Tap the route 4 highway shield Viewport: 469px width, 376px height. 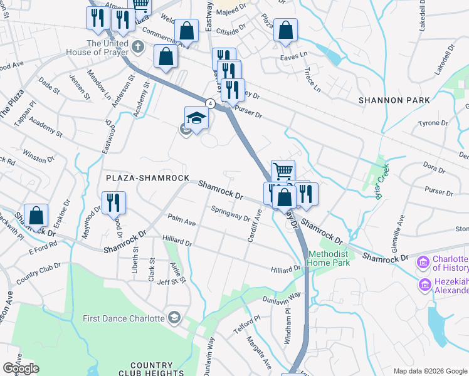click(x=211, y=103)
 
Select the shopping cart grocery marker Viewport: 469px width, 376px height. click(x=283, y=171)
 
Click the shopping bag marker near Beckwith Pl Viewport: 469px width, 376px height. click(x=36, y=215)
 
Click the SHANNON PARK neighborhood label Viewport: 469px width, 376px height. click(x=394, y=100)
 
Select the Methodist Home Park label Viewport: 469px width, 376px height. click(x=333, y=259)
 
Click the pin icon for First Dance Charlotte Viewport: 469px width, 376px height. click(x=174, y=318)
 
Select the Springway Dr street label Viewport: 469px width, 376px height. click(x=230, y=214)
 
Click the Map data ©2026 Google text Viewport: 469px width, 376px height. click(x=429, y=371)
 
